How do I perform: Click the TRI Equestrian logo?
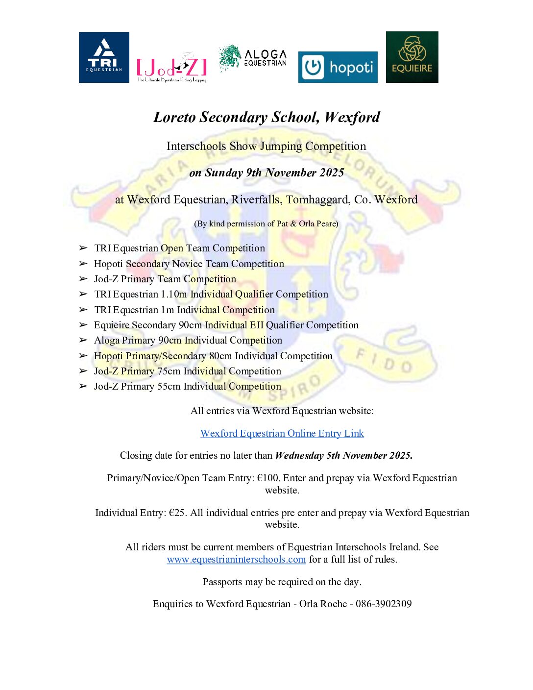(x=104, y=57)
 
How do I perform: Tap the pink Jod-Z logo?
(x=171, y=68)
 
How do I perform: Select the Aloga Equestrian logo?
(x=253, y=58)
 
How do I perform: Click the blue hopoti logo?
(x=338, y=67)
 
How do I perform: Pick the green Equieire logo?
(x=412, y=57)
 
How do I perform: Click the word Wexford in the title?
(x=352, y=117)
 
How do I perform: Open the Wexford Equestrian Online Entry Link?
(x=282, y=433)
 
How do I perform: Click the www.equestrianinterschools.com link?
(x=236, y=559)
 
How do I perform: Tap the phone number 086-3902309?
(x=384, y=604)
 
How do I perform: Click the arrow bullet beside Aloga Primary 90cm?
(x=83, y=340)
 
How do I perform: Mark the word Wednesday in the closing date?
(x=299, y=455)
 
